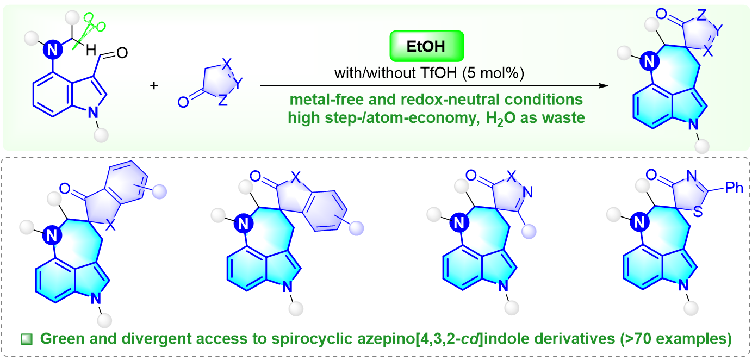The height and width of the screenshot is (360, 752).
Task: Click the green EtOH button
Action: point(427,47)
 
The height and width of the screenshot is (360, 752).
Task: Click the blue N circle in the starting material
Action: point(53,51)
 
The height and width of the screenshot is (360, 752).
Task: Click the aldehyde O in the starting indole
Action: point(122,53)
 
